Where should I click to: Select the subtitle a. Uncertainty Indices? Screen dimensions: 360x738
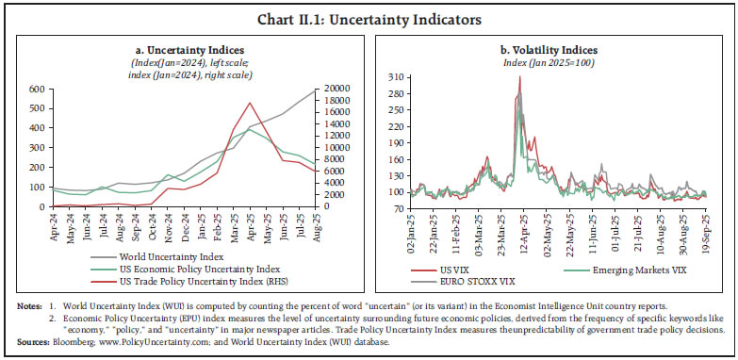click(184, 48)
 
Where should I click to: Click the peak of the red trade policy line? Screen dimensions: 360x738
click(249, 103)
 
